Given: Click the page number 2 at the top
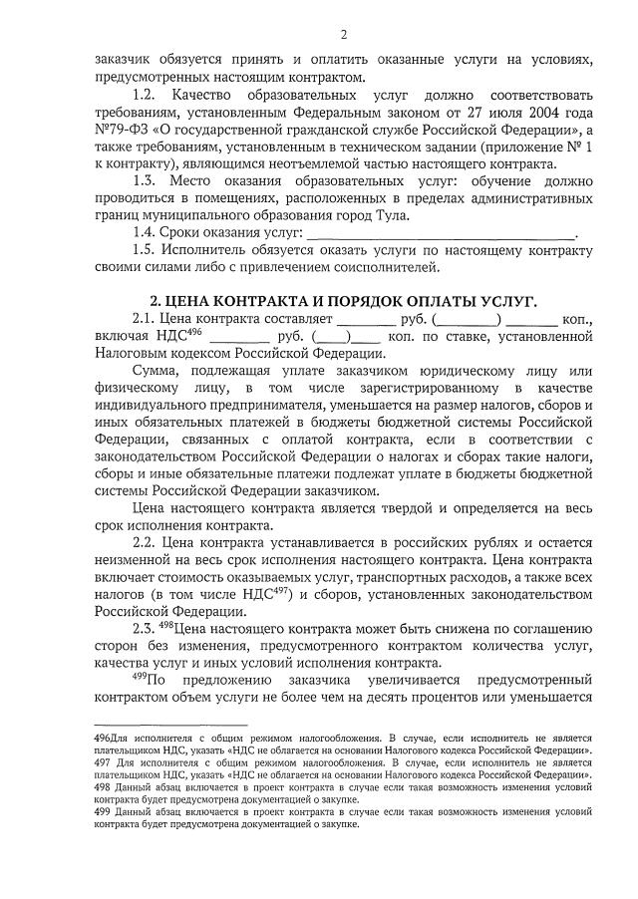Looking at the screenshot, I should (x=343, y=35).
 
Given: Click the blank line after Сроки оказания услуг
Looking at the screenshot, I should (x=440, y=233).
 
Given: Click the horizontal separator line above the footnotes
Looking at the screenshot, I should (x=170, y=725).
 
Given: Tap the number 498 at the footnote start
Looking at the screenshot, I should (x=104, y=786).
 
